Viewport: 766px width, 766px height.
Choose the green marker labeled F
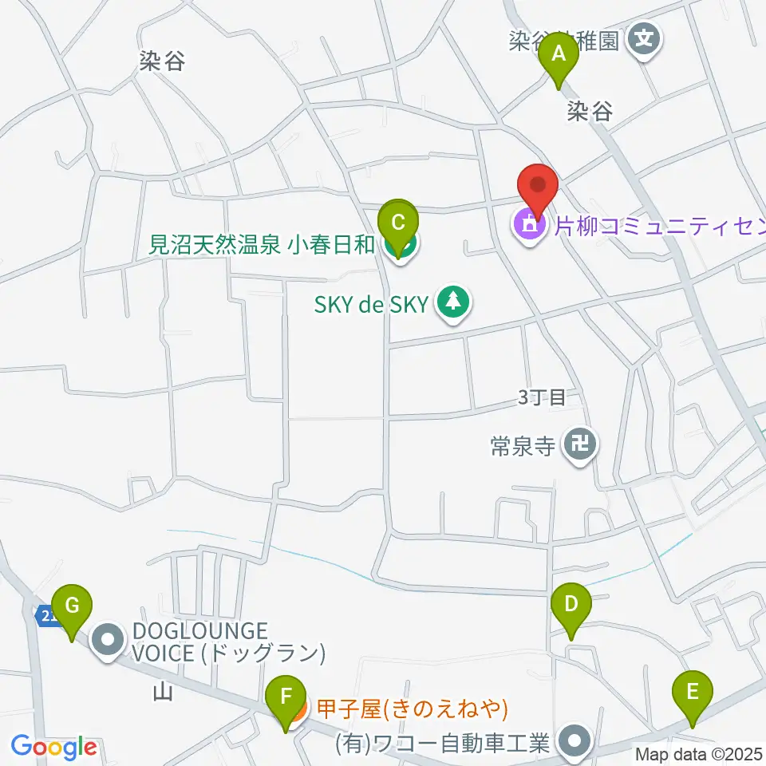[285, 700]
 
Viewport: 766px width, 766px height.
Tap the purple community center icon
[529, 227]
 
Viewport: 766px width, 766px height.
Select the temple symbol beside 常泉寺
[579, 444]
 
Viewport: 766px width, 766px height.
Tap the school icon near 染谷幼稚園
[644, 37]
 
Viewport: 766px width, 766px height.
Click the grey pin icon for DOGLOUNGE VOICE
[107, 641]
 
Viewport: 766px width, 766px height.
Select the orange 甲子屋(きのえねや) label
[413, 707]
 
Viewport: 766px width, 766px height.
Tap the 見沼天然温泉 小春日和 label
[263, 244]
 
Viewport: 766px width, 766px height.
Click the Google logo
[53, 747]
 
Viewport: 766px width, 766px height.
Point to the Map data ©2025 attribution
[699, 754]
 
